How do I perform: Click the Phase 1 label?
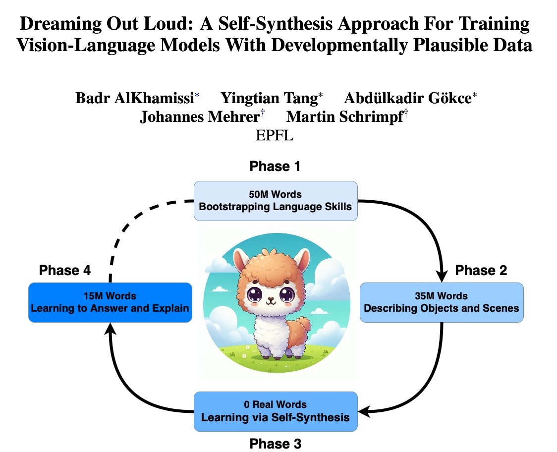click(275, 167)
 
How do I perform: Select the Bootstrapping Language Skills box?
click(275, 200)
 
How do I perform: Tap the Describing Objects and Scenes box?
click(441, 302)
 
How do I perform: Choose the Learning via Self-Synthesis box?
click(275, 411)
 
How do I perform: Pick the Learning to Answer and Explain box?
click(110, 302)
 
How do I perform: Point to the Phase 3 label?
click(275, 443)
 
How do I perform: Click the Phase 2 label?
click(481, 270)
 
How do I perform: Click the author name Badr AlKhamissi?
click(134, 98)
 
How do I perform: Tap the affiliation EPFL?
click(275, 135)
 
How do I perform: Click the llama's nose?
click(271, 299)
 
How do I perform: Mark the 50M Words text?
click(275, 194)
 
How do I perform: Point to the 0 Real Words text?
click(275, 404)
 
